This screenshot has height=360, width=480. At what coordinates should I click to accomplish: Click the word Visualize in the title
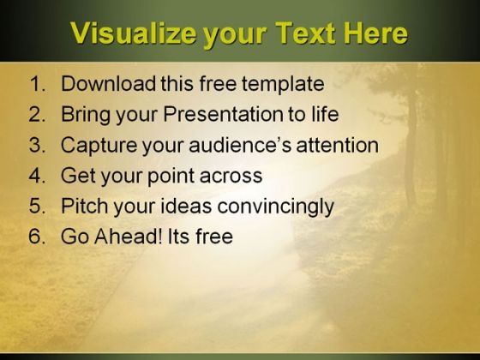[134, 33]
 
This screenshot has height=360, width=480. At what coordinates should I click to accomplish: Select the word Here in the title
[376, 33]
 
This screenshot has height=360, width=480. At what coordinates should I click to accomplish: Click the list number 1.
[38, 83]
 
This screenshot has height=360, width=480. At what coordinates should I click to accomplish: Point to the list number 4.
[38, 176]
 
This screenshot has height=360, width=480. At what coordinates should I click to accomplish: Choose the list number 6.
[38, 237]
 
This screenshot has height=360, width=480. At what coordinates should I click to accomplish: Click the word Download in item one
[108, 83]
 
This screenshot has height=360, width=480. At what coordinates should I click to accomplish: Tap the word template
[283, 84]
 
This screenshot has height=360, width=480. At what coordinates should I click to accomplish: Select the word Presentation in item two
[223, 114]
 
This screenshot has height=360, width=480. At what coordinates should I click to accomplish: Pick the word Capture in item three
[99, 146]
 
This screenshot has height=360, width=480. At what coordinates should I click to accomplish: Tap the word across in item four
[231, 177]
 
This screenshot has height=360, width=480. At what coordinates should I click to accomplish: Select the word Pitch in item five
[85, 206]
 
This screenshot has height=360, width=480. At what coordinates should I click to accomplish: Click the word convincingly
[275, 207]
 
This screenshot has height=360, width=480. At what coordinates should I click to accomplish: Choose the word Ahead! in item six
[129, 237]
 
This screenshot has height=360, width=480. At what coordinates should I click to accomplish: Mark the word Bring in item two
[86, 115]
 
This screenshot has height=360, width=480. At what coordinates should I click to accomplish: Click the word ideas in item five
[186, 206]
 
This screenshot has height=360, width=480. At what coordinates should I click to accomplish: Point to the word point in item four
[171, 177]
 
